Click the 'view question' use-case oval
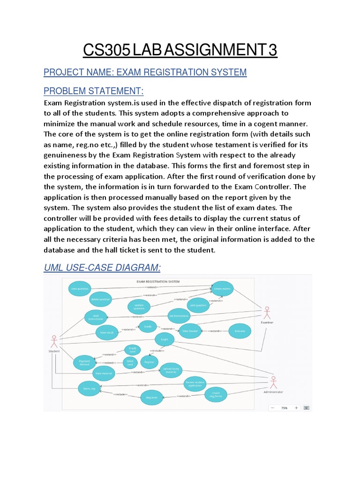[x=79, y=289]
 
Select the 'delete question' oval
[x=101, y=299]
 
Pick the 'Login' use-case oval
[x=164, y=339]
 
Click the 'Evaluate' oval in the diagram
[x=240, y=330]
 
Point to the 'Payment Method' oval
[x=84, y=363]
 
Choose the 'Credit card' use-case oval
[x=133, y=350]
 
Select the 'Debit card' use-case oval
[x=130, y=362]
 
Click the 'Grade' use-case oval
[x=148, y=326]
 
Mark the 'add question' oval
[x=197, y=305]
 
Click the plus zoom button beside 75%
[x=296, y=408]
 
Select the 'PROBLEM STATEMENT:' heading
[x=94, y=90]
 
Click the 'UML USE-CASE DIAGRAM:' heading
[x=102, y=268]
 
